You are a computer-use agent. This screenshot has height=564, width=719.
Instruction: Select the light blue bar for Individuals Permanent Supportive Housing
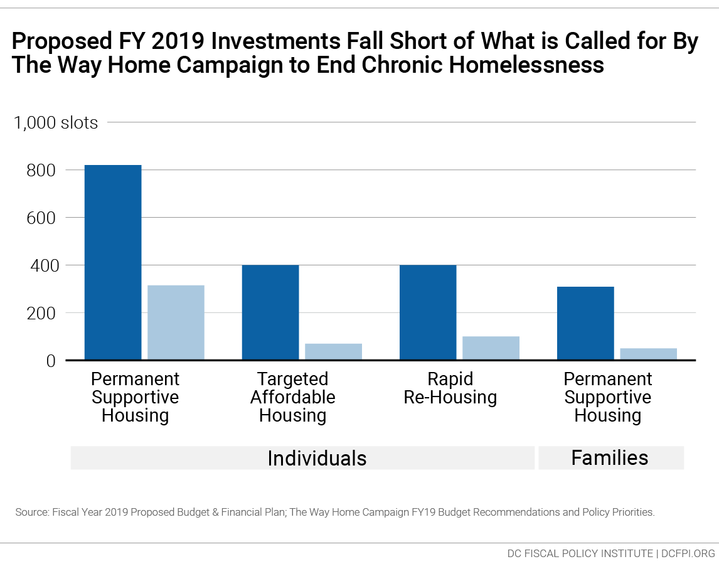coord(176,322)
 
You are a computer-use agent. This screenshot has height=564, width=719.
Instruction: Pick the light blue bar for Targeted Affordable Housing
coord(333,352)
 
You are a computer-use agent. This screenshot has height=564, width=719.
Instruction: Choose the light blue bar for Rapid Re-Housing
coord(491,348)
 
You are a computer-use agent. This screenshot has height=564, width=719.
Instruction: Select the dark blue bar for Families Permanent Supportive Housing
coord(585,323)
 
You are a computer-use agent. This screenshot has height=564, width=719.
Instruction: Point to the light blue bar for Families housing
coord(648,354)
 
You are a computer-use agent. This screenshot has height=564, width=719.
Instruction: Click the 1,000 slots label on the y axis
coord(56,122)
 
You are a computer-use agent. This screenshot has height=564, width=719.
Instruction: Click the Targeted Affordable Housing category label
coord(292,397)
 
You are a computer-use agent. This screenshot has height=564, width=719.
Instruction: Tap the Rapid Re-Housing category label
coord(450,388)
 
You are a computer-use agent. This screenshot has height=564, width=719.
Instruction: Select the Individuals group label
coord(317,458)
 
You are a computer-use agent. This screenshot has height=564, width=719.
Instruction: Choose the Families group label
coord(609,458)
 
